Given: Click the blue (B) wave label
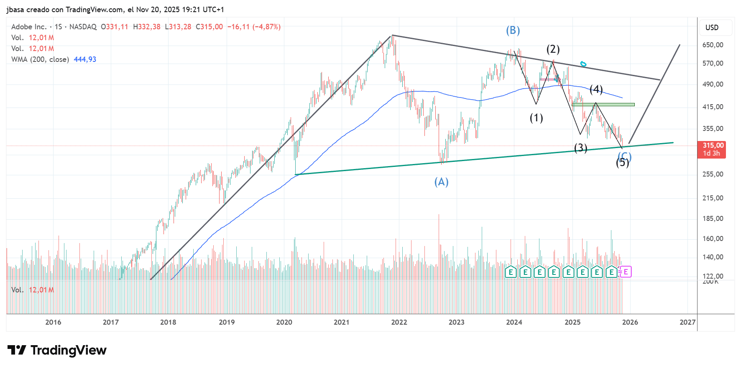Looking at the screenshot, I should tap(513, 31).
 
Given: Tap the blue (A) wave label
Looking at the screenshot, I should tap(441, 182).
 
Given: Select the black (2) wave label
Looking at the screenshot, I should tap(553, 49).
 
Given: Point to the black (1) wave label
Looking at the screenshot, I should tap(536, 118).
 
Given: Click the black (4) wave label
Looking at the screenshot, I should tap(596, 89).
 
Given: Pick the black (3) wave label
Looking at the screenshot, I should tap(580, 148).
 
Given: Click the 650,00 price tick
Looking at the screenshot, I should tap(713, 45).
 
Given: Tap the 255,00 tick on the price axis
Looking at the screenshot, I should tap(713, 174).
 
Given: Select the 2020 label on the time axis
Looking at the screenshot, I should tap(284, 322).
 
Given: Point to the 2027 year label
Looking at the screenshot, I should tap(687, 322).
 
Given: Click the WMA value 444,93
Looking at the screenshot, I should tap(85, 59).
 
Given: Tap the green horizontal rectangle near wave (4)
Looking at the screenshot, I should tap(603, 104).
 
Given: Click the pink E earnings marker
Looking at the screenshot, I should tap(626, 272).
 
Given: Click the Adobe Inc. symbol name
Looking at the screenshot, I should tap(29, 27).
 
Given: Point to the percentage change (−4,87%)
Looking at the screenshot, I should tap(266, 27).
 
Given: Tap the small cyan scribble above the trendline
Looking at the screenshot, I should tap(583, 64).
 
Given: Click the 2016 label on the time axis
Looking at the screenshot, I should tap(53, 322).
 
